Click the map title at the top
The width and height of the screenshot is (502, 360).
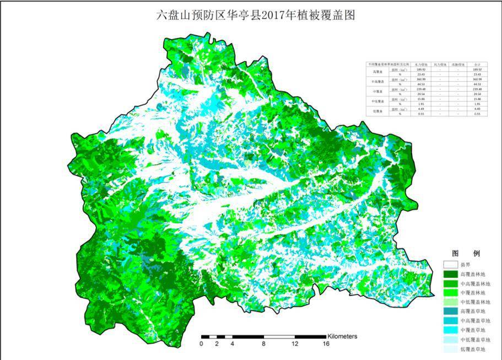tap(256, 15)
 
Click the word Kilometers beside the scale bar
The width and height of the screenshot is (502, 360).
tap(342, 336)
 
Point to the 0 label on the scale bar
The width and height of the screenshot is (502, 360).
tap(202, 344)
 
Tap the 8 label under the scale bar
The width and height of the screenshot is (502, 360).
tap(264, 344)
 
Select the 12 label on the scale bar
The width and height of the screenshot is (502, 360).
tap(295, 344)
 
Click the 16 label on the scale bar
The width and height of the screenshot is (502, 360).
tap(326, 344)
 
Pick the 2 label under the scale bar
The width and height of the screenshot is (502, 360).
tap(217, 344)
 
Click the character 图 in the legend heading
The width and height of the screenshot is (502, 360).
tap(455, 253)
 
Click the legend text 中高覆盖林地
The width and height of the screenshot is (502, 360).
tap(473, 284)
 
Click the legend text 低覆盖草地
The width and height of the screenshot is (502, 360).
tap(472, 349)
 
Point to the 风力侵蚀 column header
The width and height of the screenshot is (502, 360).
tap(439, 65)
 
